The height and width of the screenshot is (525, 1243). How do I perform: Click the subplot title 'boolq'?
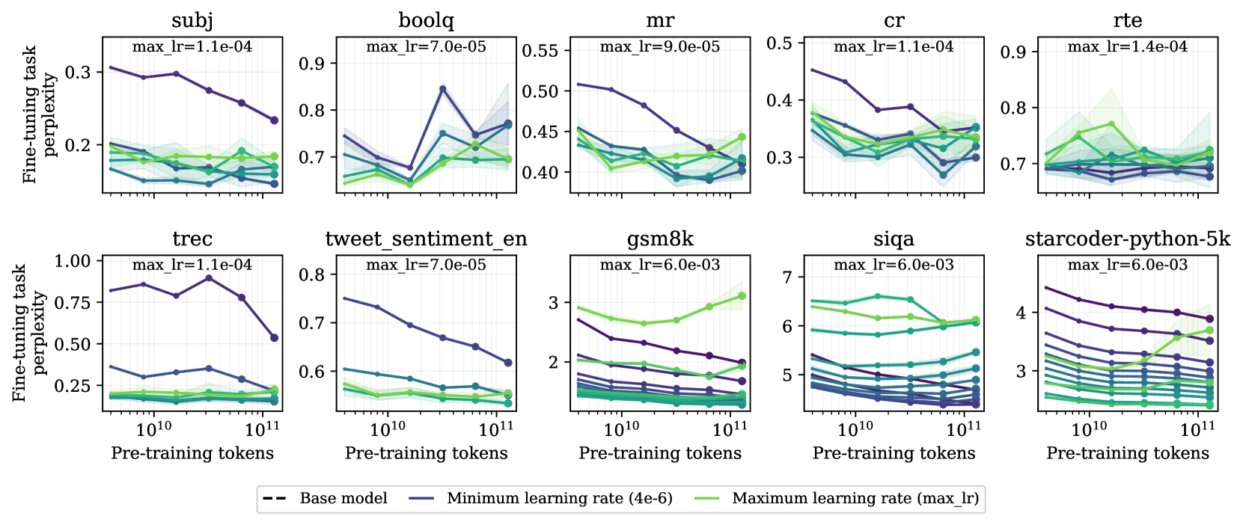point(426,20)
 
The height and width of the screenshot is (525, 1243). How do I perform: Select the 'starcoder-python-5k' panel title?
point(1127,239)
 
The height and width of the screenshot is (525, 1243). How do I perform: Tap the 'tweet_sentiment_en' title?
point(426,239)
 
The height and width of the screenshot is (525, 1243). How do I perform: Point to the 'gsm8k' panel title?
point(660,239)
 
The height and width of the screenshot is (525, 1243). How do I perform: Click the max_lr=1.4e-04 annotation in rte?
point(1127,46)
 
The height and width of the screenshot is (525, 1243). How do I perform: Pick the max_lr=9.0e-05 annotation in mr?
point(660,46)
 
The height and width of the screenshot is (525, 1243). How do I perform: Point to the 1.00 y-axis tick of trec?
point(73,261)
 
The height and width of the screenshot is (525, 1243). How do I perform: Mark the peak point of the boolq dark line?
point(443,88)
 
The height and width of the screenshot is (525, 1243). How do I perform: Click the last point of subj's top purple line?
point(274,120)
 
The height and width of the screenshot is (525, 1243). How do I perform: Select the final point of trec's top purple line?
point(274,338)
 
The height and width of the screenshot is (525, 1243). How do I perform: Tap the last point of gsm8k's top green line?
point(742,296)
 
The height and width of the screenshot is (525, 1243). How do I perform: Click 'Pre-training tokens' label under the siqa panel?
point(894,453)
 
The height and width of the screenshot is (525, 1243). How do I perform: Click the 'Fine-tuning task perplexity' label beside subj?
point(40,114)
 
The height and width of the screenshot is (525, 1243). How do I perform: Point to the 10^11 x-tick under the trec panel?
point(263,429)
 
